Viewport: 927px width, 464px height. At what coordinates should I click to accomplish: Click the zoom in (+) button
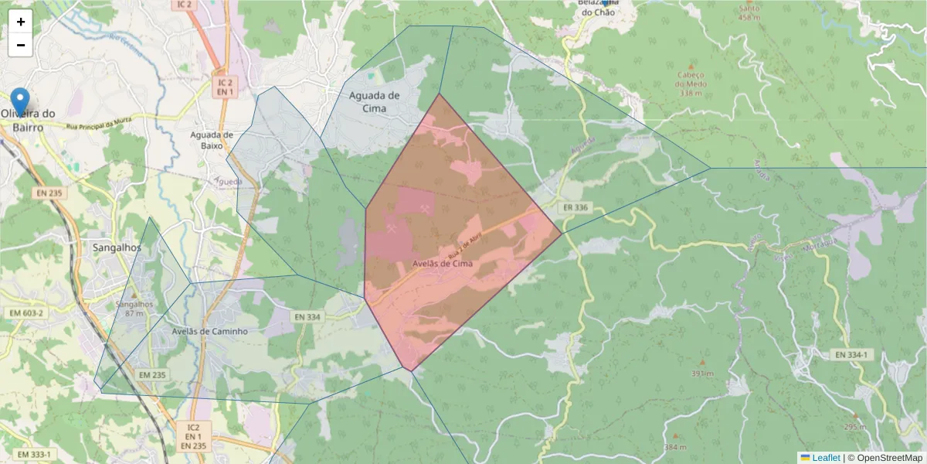[21, 22]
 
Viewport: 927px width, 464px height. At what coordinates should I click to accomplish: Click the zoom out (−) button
[21, 45]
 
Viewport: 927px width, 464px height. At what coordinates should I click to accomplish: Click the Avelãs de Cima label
[443, 263]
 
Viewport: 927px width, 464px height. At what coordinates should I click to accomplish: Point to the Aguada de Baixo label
[207, 140]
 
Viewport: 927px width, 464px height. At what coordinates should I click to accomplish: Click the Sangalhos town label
[117, 248]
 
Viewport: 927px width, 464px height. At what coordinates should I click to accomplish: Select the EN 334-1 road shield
[851, 355]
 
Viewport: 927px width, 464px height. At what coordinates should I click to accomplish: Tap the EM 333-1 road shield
[34, 454]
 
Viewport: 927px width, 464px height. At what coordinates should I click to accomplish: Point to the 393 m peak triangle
[702, 362]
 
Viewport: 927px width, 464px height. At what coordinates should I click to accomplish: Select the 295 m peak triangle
[855, 415]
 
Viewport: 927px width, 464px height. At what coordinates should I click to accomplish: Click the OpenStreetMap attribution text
[885, 458]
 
